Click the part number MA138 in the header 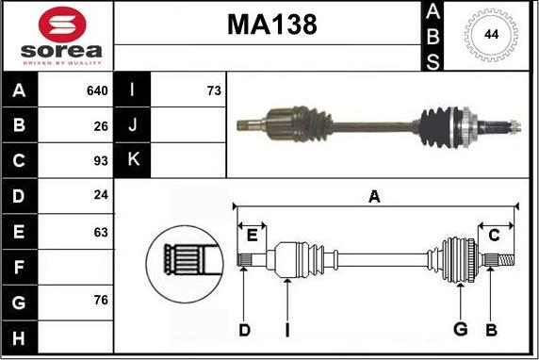pos(272,25)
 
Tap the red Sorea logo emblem pos(62,25)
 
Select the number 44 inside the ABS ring pos(491,34)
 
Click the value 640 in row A pos(97,90)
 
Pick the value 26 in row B pos(101,126)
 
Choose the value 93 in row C pos(101,160)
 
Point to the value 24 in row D pos(101,195)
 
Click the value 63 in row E pos(101,232)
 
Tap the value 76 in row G pos(101,300)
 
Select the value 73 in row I pos(214,90)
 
